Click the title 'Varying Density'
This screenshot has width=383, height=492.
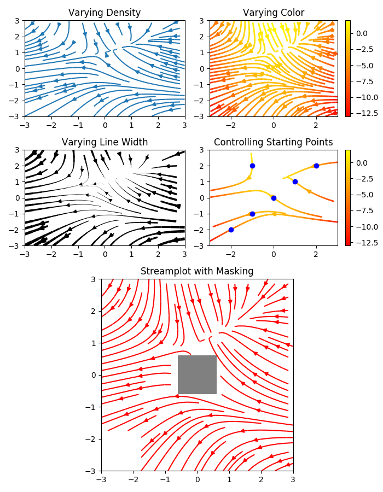pyautogui.click(x=104, y=13)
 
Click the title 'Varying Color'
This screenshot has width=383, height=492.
pyautogui.click(x=274, y=13)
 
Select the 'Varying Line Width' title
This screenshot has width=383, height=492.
pyautogui.click(x=105, y=142)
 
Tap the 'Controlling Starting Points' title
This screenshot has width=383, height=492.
pyautogui.click(x=273, y=142)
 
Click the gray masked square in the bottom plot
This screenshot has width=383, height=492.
pyautogui.click(x=197, y=374)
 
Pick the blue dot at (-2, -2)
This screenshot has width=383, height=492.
pyautogui.click(x=231, y=230)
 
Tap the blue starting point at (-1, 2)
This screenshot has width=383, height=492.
pyautogui.click(x=252, y=166)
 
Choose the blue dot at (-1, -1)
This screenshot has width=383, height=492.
pyautogui.click(x=252, y=214)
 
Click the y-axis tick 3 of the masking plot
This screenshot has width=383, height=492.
pyautogui.click(x=94, y=279)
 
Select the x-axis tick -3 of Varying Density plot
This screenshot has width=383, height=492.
pyautogui.click(x=24, y=125)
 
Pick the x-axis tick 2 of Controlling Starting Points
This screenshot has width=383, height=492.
pyautogui.click(x=316, y=254)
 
